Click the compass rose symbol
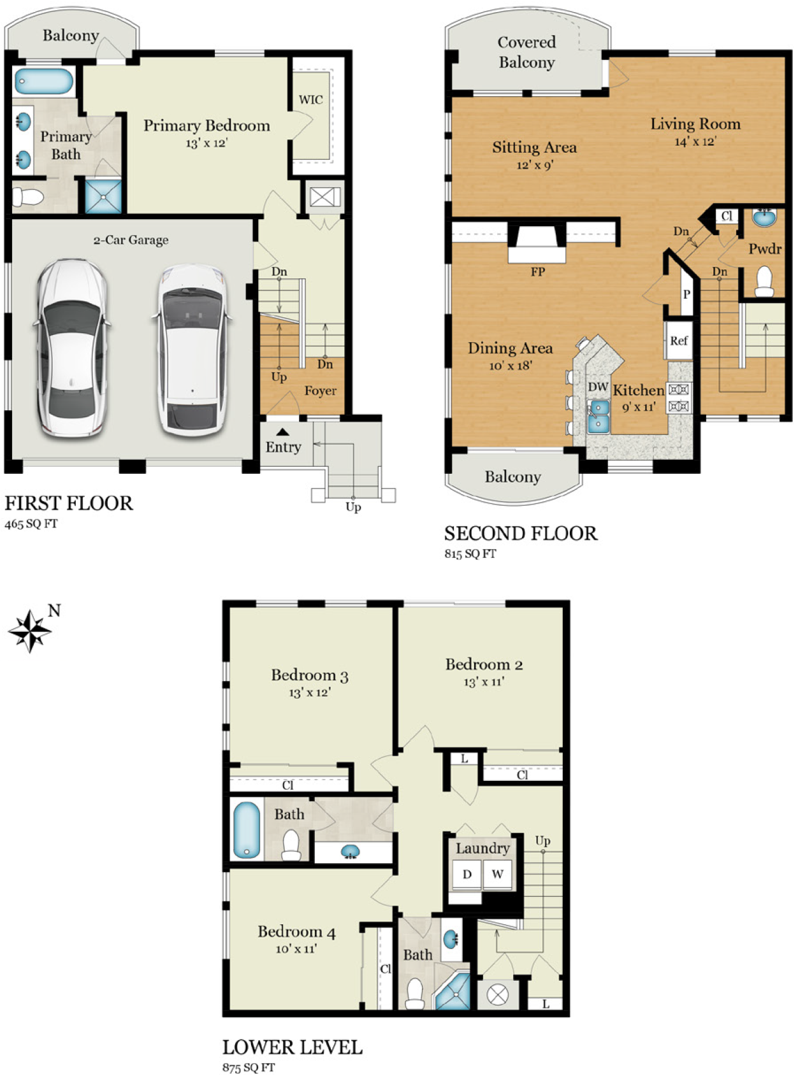(30, 631)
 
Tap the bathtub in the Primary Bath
(43, 81)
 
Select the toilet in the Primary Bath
(28, 197)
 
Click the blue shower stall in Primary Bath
(103, 197)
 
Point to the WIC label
(310, 100)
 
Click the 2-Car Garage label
(131, 240)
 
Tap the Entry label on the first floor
(283, 447)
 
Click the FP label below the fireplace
(537, 271)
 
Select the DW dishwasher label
(598, 387)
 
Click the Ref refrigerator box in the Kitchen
(678, 340)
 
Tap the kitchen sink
(598, 417)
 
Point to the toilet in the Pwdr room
(764, 281)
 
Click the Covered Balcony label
(526, 52)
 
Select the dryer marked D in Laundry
(467, 874)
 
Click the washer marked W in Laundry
(497, 874)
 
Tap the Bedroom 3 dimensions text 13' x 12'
(310, 692)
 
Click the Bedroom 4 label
(296, 931)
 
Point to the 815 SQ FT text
(470, 553)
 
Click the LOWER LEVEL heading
(292, 1047)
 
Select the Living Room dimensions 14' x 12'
(695, 141)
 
